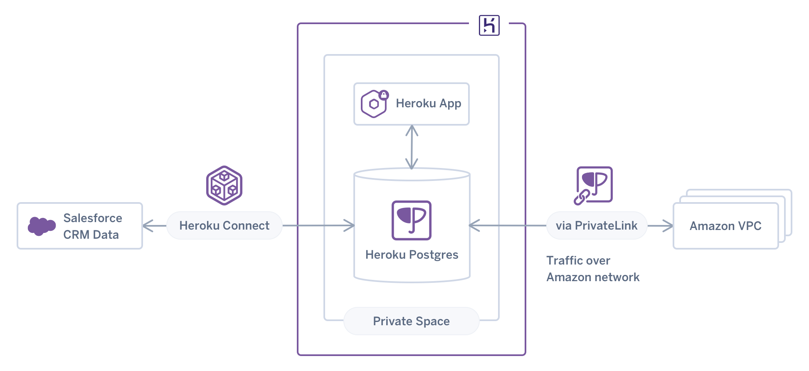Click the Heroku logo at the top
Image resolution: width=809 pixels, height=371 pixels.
coord(489,25)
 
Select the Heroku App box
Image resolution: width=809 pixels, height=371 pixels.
coord(411,104)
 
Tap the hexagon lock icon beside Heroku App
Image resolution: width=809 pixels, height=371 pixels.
coord(374,104)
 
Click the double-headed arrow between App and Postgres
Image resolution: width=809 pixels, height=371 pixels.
coord(412,147)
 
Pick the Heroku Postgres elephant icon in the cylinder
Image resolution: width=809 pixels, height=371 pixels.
coord(411,220)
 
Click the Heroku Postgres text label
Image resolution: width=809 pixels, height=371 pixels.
coord(412,255)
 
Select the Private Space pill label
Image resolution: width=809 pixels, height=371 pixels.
coord(411,321)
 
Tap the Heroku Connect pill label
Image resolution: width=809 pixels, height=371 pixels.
coord(224,225)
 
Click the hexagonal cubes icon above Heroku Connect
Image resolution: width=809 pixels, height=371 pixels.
coord(224,185)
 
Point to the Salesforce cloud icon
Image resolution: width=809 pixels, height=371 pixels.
coord(41,226)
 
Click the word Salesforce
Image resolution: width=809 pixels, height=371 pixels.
coord(93,218)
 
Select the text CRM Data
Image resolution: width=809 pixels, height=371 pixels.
coord(91,235)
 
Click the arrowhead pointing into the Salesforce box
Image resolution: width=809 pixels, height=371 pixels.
coord(146,226)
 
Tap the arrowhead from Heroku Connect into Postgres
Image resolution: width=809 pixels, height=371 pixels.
coord(350,225)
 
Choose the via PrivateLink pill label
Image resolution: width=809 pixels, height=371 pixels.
coord(596,225)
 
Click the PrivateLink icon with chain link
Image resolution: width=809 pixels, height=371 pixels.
coord(593,185)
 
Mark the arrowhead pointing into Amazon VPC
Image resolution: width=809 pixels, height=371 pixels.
coord(669,226)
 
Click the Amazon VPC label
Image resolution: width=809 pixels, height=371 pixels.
coord(725,226)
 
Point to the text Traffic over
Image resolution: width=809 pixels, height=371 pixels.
coord(578,260)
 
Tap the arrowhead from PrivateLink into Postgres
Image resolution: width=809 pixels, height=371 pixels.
coord(474,225)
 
